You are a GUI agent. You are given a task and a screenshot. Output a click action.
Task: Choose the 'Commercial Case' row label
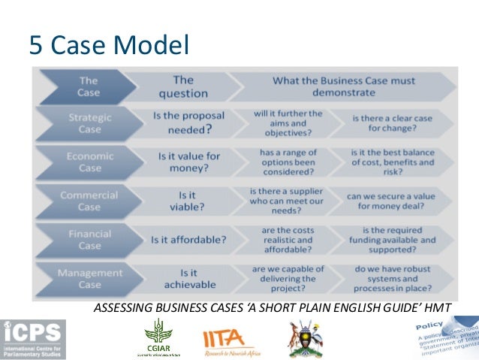(89, 201)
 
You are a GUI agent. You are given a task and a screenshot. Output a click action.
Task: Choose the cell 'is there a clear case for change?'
(393, 123)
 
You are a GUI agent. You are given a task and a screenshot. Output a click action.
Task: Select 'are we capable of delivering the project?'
(288, 279)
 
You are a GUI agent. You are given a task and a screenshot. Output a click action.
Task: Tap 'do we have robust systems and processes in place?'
(393, 279)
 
